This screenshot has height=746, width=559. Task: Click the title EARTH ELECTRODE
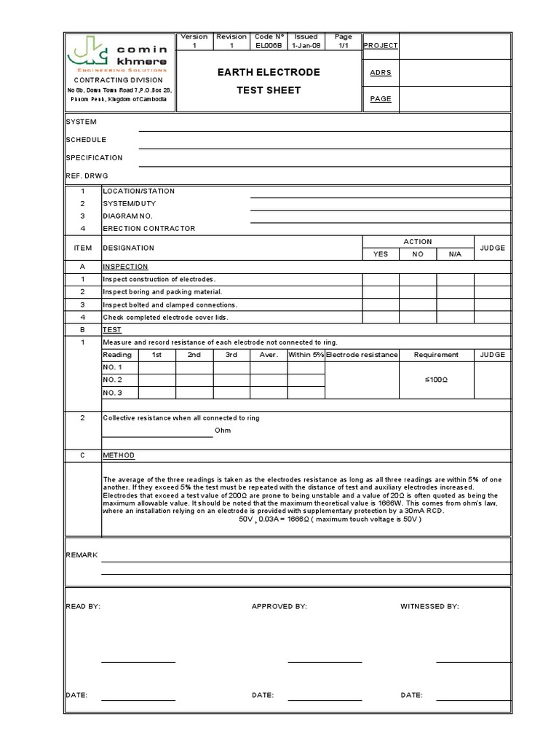click(269, 73)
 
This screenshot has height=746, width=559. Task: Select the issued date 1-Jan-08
click(306, 45)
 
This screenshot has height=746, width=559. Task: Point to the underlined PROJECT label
click(380, 45)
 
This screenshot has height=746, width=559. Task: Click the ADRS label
click(380, 73)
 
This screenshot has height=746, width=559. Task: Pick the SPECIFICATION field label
click(94, 157)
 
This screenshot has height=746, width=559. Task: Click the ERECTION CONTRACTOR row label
click(148, 229)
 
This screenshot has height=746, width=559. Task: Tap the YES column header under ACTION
click(381, 254)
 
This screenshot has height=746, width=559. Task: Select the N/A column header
click(455, 254)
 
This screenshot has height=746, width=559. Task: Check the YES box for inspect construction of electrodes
click(381, 280)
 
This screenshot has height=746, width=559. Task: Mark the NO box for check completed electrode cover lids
click(418, 318)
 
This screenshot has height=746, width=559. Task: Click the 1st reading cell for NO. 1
click(156, 368)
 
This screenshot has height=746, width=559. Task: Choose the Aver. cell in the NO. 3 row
click(269, 393)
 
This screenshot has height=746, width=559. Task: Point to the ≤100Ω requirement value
click(436, 380)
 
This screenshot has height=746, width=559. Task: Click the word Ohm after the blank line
click(223, 431)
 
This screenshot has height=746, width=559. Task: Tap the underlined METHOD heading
click(119, 455)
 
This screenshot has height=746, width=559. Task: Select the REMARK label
click(82, 555)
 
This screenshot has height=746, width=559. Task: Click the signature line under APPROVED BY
click(325, 661)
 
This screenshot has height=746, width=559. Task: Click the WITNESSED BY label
click(429, 606)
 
